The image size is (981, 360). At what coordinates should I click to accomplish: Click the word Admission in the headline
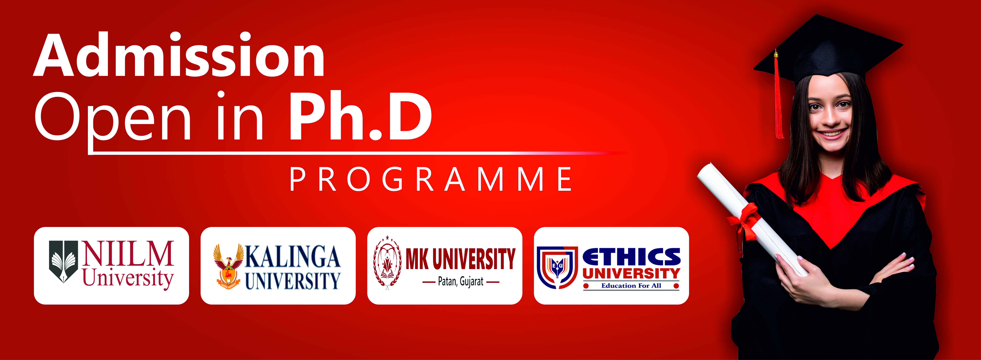pyautogui.click(x=179, y=55)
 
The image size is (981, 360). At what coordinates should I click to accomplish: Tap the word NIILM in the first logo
pyautogui.click(x=128, y=253)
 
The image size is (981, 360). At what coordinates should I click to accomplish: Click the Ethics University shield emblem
pyautogui.click(x=557, y=267)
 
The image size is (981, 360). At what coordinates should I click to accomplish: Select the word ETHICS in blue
pyautogui.click(x=631, y=256)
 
